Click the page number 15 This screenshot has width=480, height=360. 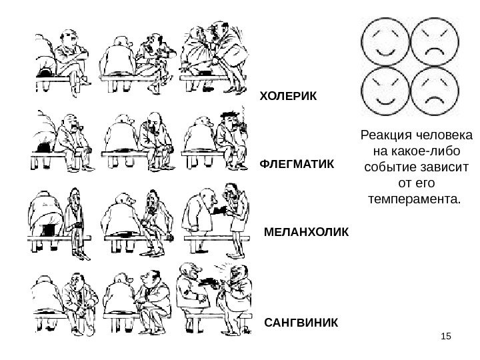click(446, 342)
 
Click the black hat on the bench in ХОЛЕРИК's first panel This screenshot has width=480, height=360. click(45, 67)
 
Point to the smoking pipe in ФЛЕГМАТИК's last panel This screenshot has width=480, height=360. click(242, 125)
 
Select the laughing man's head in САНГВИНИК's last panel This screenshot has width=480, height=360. click(235, 273)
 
